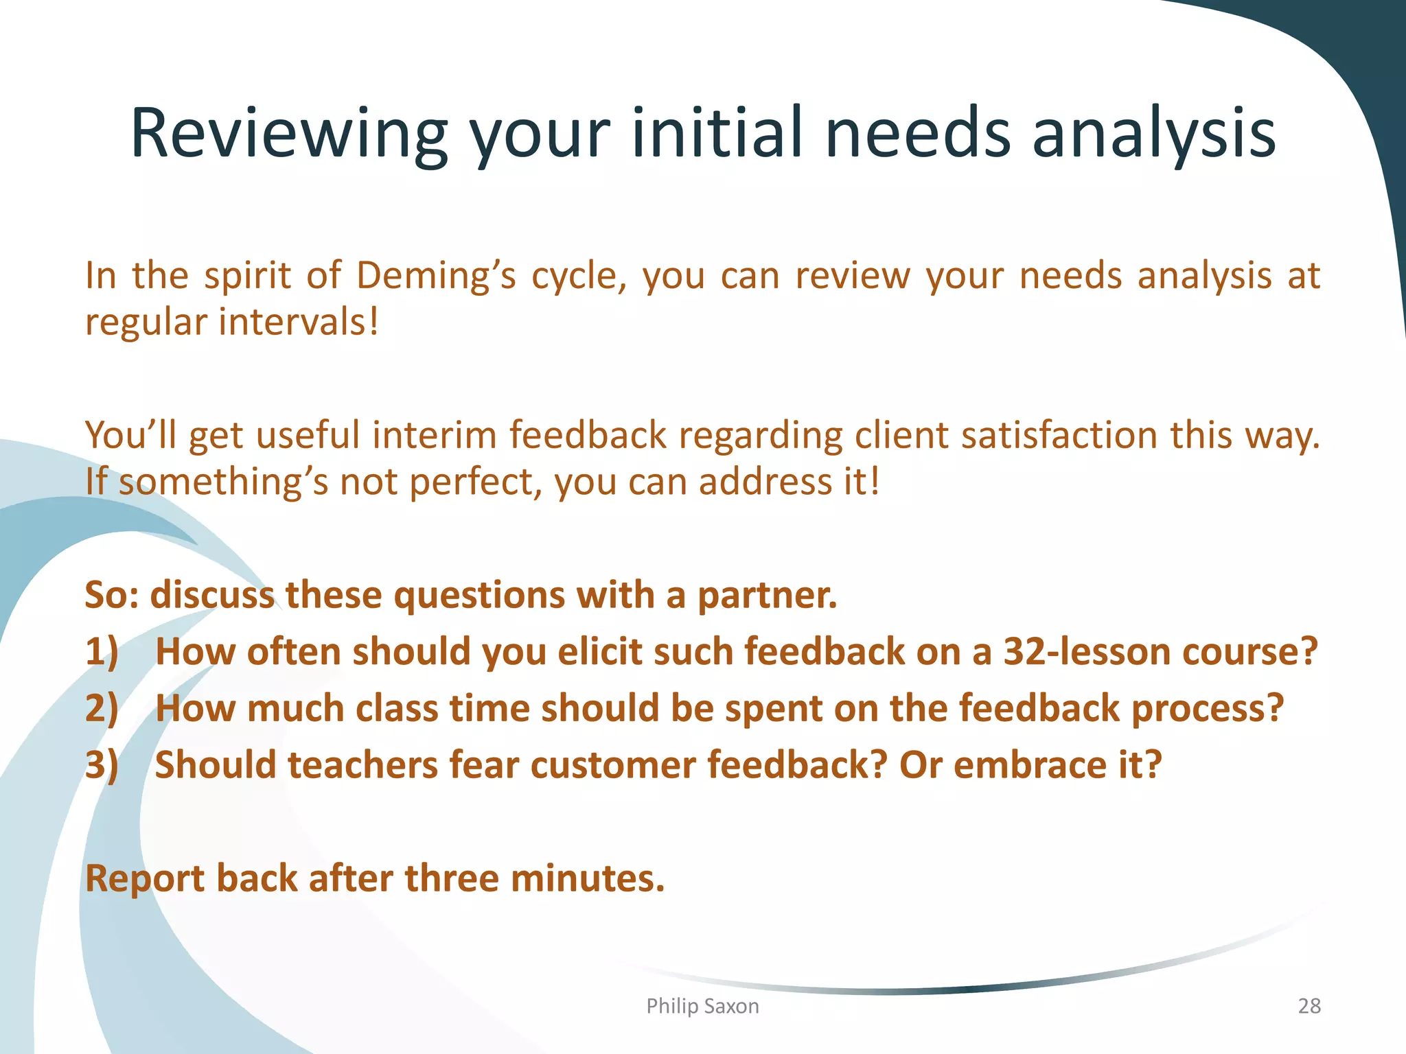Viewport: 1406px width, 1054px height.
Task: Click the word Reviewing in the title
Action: pos(288,134)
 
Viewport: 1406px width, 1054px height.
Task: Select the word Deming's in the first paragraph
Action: pos(436,276)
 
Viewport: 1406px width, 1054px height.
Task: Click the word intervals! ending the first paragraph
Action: pos(298,322)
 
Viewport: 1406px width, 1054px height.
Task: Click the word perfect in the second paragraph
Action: pos(476,482)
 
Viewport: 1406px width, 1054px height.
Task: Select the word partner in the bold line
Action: pos(767,596)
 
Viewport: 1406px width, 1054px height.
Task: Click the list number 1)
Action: pos(102,652)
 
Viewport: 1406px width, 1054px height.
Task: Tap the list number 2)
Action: pos(102,709)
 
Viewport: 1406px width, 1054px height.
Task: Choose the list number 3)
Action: pos(102,765)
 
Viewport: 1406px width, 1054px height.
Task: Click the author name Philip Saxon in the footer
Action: pos(702,1006)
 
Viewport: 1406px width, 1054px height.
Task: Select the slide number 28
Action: pos(1309,1006)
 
